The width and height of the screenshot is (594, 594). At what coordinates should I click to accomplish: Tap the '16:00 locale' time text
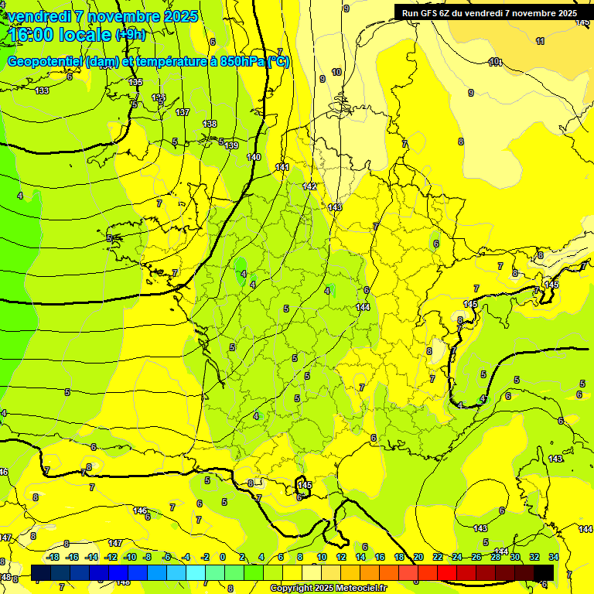tap(60, 35)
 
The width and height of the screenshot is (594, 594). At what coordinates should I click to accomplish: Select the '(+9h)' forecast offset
tap(129, 34)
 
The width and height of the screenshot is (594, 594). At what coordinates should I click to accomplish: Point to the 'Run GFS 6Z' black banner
tap(489, 13)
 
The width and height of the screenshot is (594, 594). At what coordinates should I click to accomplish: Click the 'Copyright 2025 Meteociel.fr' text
tap(329, 588)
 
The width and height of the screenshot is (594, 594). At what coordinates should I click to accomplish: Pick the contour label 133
tap(42, 90)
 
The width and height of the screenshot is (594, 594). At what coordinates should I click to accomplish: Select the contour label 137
tap(183, 112)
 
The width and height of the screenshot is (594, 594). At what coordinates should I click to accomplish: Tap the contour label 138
tap(210, 124)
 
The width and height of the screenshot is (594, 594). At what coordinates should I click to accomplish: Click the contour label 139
tap(231, 145)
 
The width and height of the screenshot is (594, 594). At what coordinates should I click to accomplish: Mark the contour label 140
tap(254, 157)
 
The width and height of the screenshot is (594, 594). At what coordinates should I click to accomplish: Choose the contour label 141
tap(282, 167)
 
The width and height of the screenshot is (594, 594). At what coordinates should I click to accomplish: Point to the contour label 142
tap(310, 186)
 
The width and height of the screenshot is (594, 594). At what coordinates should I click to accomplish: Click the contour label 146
tap(140, 510)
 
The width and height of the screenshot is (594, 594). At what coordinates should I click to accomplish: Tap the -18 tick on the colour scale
tap(53, 557)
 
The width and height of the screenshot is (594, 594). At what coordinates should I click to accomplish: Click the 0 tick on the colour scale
tap(222, 557)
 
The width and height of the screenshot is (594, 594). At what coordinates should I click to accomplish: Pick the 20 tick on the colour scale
tap(418, 557)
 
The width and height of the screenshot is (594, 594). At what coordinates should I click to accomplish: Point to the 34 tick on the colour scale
tap(554, 557)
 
